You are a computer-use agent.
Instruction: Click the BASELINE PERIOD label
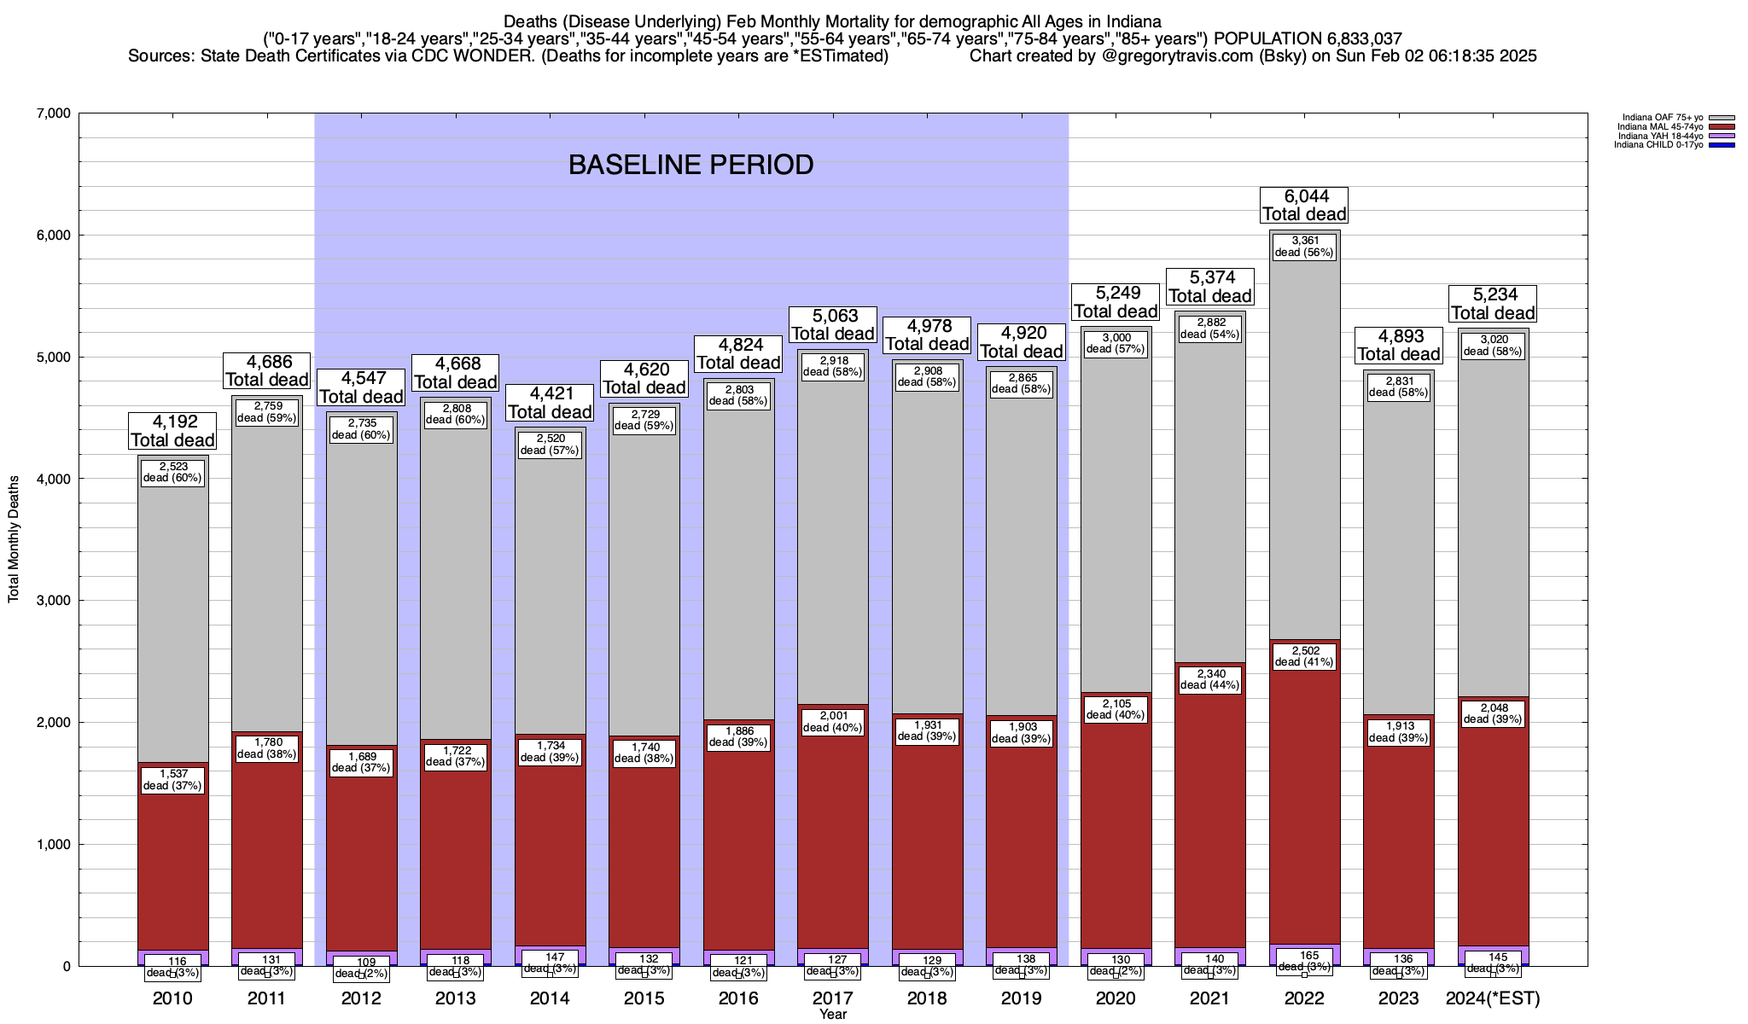[x=690, y=165]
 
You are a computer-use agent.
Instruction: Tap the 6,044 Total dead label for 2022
[x=1303, y=206]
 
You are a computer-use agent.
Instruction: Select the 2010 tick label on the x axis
[x=172, y=998]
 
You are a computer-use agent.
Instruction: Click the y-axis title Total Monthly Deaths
[x=14, y=539]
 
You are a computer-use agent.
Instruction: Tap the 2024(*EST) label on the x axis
[x=1493, y=998]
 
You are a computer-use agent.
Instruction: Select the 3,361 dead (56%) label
[x=1303, y=247]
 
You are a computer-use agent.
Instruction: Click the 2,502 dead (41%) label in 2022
[x=1303, y=656]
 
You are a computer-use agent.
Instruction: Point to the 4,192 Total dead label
[x=172, y=431]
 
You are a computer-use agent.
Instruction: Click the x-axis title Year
[x=832, y=1014]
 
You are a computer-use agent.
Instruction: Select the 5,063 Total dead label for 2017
[x=832, y=325]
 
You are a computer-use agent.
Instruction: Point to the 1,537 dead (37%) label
[x=172, y=780]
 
